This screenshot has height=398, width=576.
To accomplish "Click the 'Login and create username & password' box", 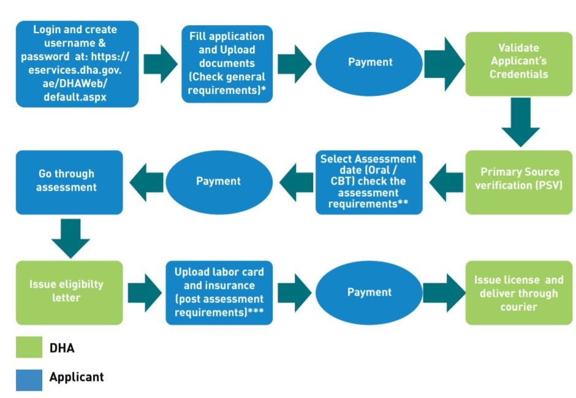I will click(x=77, y=64).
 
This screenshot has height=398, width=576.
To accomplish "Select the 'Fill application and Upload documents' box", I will click(x=227, y=64).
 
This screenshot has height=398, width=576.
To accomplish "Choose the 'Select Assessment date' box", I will click(x=369, y=182).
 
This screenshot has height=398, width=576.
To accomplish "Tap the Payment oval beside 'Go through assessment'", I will click(x=219, y=182).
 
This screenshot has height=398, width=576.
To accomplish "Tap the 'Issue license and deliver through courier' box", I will click(x=519, y=293).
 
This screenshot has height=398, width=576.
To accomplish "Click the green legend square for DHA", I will click(x=29, y=347).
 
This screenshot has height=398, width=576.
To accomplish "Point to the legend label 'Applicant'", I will click(x=77, y=377).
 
